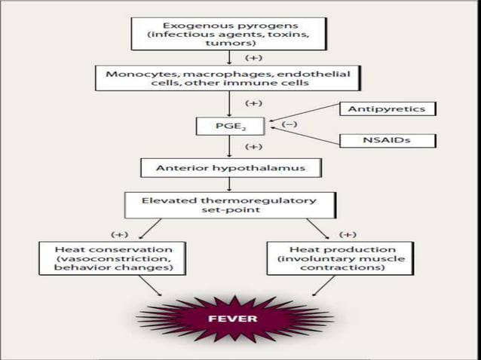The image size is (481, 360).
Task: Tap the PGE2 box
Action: coord(230,126)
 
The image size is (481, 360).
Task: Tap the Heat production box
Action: coord(340,258)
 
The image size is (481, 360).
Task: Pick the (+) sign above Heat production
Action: coord(348,233)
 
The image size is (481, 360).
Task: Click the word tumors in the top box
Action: coord(230,44)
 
